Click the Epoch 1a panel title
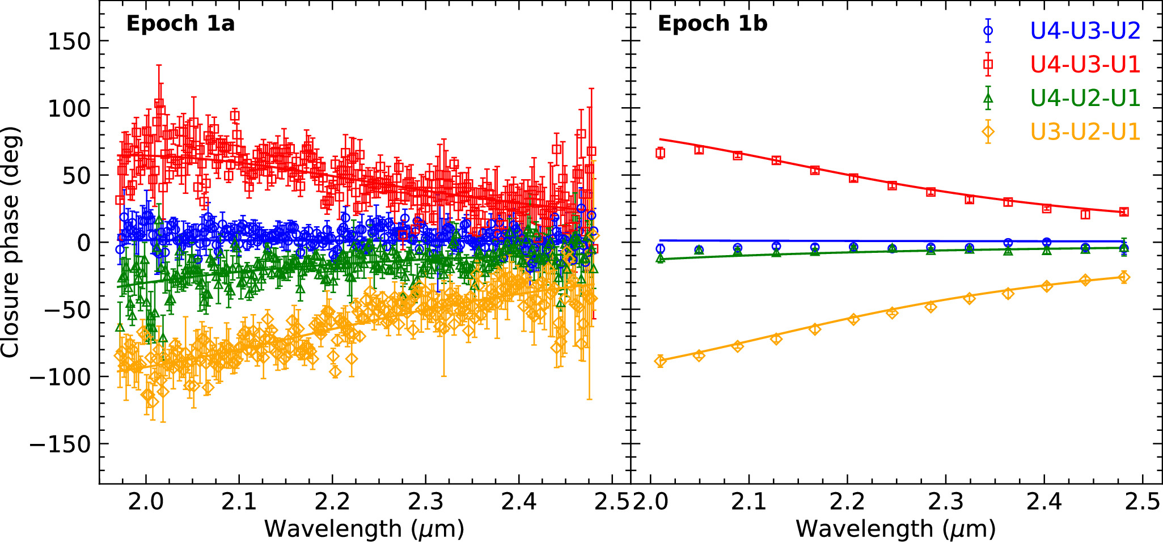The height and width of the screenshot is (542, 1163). click(180, 24)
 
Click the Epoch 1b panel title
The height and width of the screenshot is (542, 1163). click(712, 24)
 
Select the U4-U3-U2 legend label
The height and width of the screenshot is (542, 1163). click(1085, 31)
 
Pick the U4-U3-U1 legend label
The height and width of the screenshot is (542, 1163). click(1085, 65)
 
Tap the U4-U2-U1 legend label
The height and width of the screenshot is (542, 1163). click(1085, 98)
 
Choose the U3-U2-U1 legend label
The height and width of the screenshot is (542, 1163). click(1085, 132)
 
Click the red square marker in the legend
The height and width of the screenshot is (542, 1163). click(988, 65)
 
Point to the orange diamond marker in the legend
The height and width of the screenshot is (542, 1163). click(988, 132)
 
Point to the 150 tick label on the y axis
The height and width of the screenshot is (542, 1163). click(69, 41)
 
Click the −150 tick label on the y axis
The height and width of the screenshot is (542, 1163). click(60, 444)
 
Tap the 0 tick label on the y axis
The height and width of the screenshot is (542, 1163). click(84, 243)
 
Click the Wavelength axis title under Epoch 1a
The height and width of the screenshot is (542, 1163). click(365, 529)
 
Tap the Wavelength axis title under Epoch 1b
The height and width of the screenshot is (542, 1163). click(896, 529)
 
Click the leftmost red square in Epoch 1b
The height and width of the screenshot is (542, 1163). click(660, 153)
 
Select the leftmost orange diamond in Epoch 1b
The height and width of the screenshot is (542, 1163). click(660, 361)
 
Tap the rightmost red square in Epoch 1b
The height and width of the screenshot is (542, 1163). click(1124, 212)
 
